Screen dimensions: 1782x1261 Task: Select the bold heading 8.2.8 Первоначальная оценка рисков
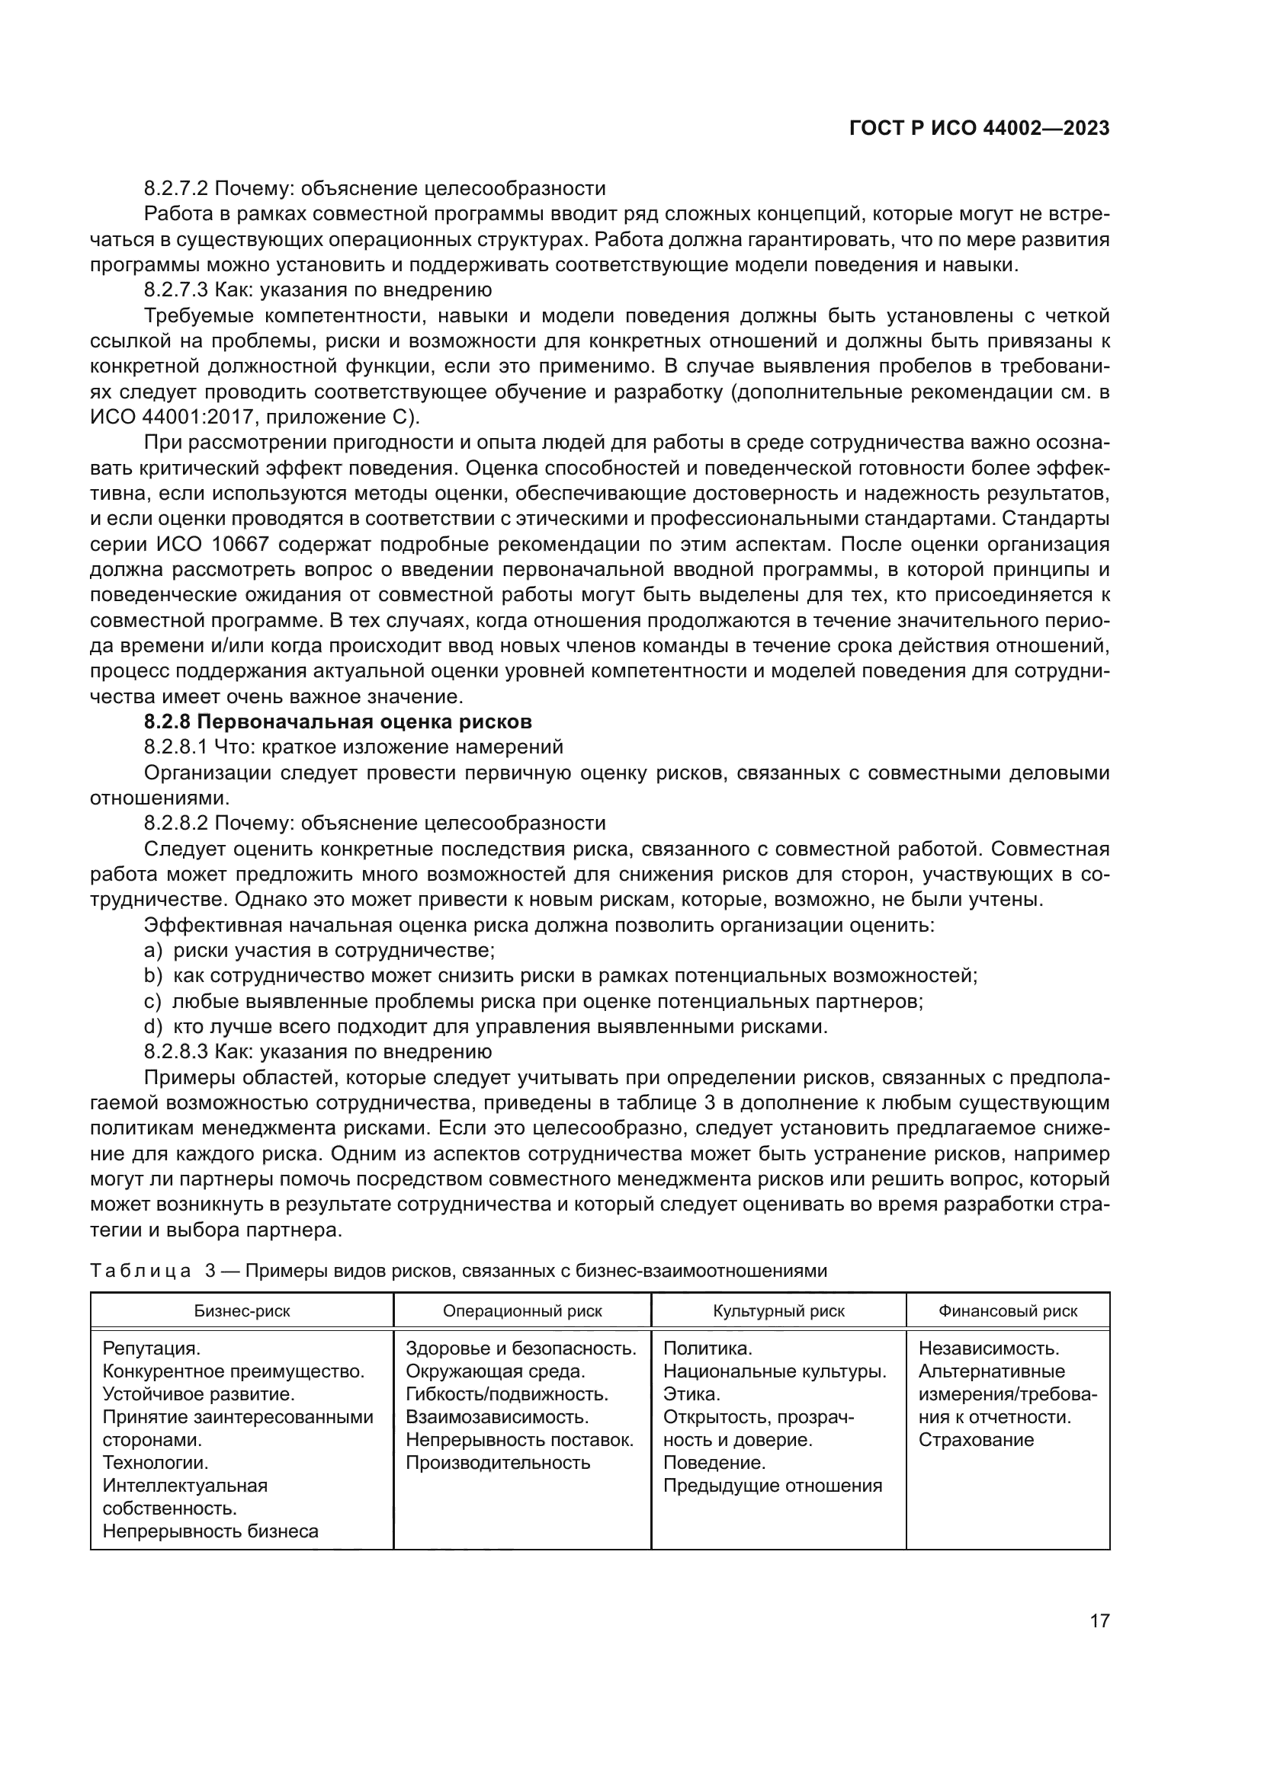(x=338, y=721)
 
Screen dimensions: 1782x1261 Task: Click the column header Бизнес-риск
(x=242, y=1311)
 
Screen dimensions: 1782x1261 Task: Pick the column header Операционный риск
(x=521, y=1311)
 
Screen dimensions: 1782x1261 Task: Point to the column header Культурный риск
(x=778, y=1311)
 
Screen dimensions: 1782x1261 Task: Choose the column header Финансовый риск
(x=1007, y=1311)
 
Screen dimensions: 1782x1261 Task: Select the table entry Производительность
(x=498, y=1463)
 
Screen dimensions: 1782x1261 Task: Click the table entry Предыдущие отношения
(x=772, y=1486)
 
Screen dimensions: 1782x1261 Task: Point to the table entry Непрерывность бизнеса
(x=210, y=1531)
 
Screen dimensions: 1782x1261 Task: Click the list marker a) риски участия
(x=153, y=950)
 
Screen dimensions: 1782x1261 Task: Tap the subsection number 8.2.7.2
(x=175, y=189)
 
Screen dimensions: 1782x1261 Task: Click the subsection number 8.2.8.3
(x=175, y=1051)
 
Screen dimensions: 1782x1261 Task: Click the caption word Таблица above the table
(x=140, y=1271)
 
